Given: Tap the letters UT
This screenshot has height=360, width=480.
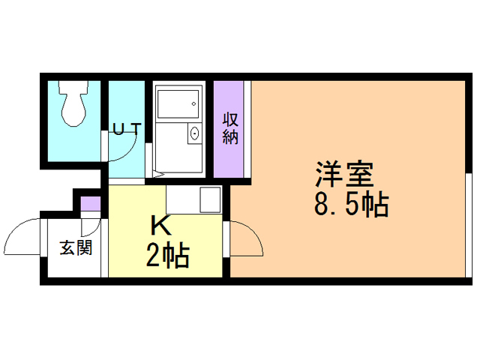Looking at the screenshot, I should (125, 128).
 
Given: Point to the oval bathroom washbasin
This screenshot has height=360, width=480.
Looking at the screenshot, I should (195, 134).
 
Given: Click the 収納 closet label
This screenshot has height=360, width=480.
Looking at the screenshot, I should (230, 128).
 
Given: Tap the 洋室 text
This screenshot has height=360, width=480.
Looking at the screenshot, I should (344, 175).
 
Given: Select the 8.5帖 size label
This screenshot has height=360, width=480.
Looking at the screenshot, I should (350, 205).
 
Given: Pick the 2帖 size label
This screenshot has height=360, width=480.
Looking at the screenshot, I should (166, 257).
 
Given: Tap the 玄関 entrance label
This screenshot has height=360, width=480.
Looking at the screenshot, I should (76, 247).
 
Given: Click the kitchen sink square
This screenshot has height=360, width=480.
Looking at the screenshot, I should (210, 199).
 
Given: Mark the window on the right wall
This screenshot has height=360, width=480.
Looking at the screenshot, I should (469, 225).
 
